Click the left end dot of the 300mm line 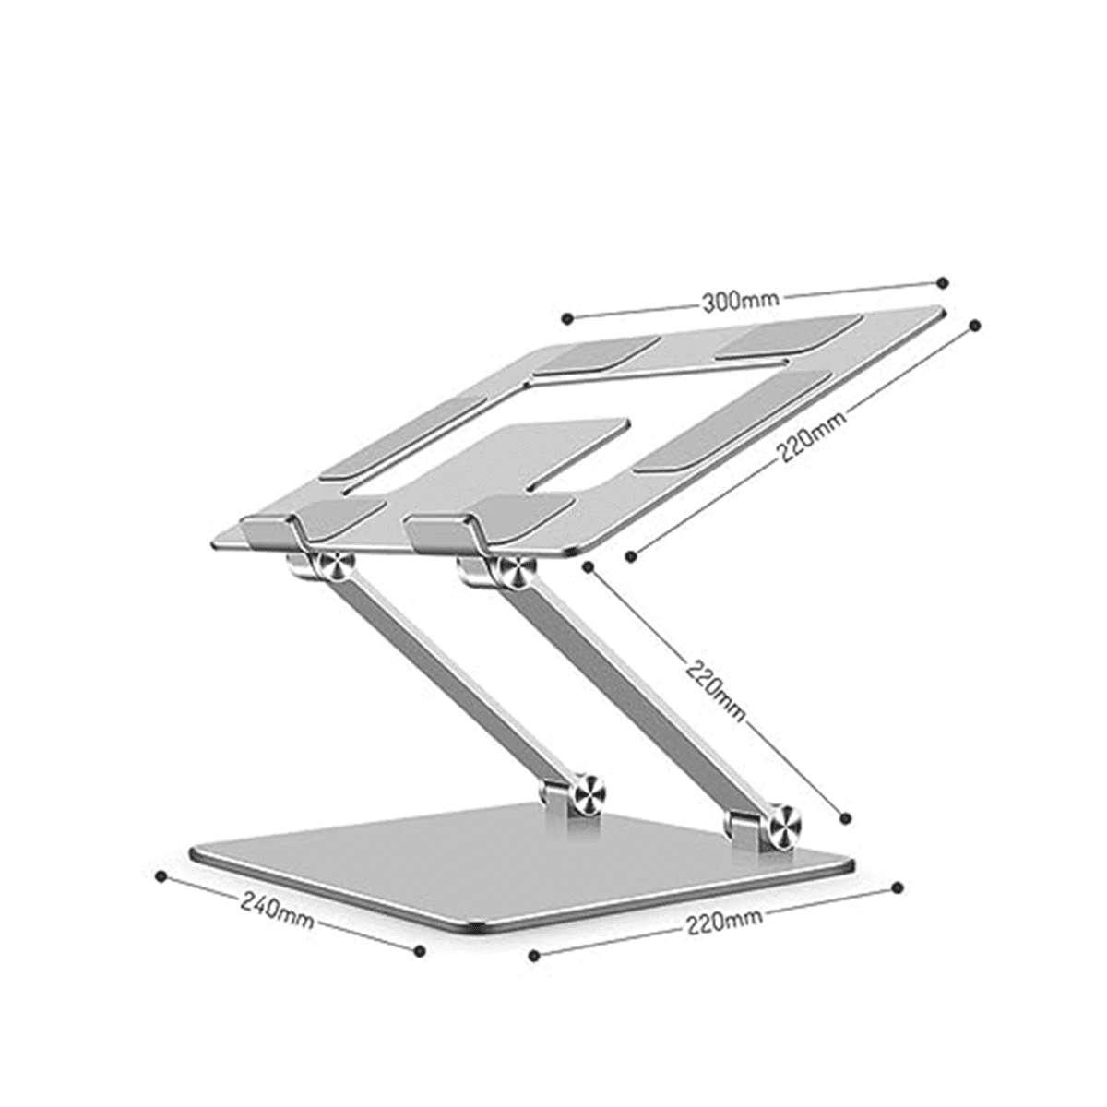point(567,318)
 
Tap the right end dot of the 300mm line point(942,282)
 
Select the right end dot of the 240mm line point(420,949)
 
